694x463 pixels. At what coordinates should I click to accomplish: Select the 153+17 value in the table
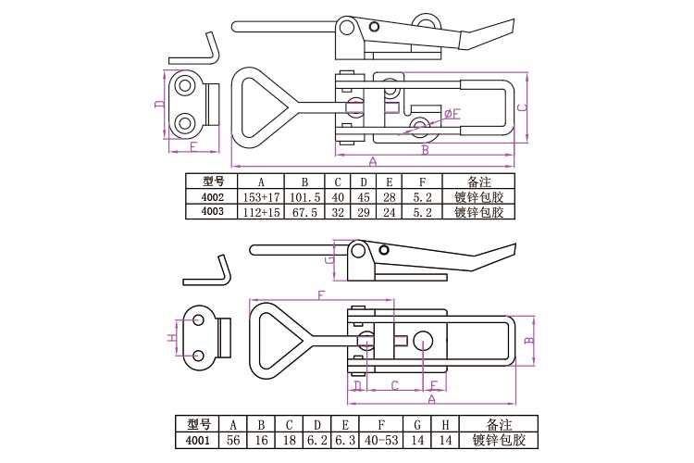pos(261,197)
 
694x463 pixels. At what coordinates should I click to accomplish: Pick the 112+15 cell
pos(261,212)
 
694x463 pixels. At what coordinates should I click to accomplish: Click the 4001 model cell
pos(199,440)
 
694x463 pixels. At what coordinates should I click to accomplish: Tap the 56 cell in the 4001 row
pos(234,440)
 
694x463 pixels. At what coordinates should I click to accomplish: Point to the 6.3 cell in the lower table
pos(344,440)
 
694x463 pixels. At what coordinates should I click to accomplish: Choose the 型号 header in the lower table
pos(199,425)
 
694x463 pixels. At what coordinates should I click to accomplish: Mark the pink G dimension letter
pos(329,262)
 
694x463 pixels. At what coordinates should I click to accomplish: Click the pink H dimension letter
pos(171,339)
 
